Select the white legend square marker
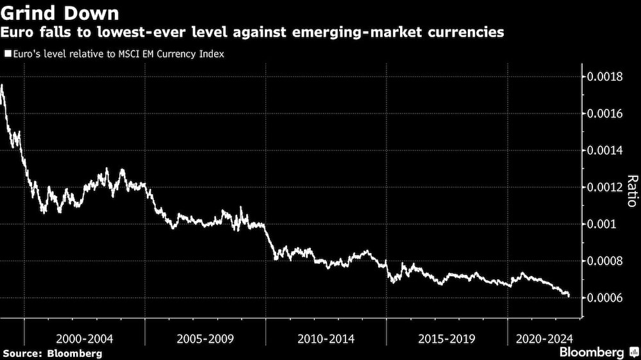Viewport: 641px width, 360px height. coord(6,54)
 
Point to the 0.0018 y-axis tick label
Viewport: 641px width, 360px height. coord(605,78)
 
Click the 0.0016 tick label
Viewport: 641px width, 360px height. coord(605,114)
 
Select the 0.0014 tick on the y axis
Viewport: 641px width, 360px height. coord(605,151)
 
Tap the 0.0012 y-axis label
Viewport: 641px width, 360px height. coord(605,188)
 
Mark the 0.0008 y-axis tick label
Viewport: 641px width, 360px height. coord(605,261)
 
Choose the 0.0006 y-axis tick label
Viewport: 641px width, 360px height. coord(605,299)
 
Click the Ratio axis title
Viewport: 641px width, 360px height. coord(631,191)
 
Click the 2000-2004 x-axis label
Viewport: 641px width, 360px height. coord(85,338)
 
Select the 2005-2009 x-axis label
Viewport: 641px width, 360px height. coord(205,338)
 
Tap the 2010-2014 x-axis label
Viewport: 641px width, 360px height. coord(326,338)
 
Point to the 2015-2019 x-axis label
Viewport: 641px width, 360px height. coord(446,338)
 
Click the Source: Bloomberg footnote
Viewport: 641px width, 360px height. coord(52,353)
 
